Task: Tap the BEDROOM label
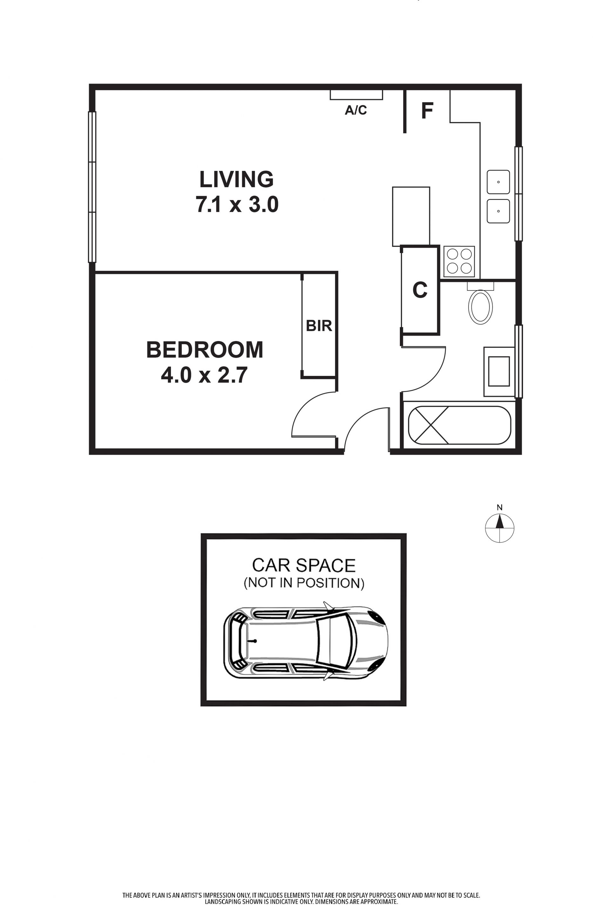(205, 350)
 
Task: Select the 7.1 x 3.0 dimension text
(237, 204)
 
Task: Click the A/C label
(356, 110)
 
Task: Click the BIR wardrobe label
(319, 326)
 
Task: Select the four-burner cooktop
(459, 262)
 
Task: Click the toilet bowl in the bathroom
(480, 307)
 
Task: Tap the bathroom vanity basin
(499, 371)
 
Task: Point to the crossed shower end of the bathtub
(428, 425)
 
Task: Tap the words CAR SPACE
(304, 565)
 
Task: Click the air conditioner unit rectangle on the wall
(356, 95)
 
